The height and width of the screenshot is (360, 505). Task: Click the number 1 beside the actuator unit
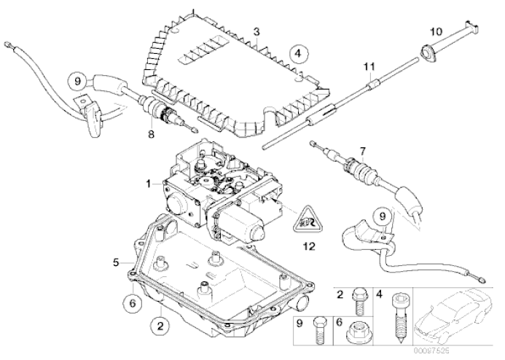pos(149,184)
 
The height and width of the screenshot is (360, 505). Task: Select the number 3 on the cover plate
pos(257,31)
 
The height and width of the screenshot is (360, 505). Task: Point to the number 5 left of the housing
pos(116,260)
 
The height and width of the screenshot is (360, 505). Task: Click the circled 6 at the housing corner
pos(132,302)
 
